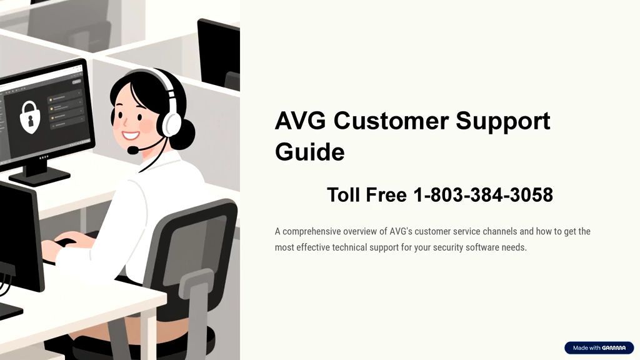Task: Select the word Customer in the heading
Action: coord(391,121)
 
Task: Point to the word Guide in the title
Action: coord(310,152)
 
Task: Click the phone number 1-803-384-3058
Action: coord(483,195)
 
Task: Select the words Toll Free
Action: coord(366,195)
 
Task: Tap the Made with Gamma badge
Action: coord(599,347)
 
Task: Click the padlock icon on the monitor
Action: coord(30,117)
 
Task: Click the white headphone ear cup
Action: coord(171,124)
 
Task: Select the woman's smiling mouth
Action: coord(131,134)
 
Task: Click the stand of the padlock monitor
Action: coord(39,172)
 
